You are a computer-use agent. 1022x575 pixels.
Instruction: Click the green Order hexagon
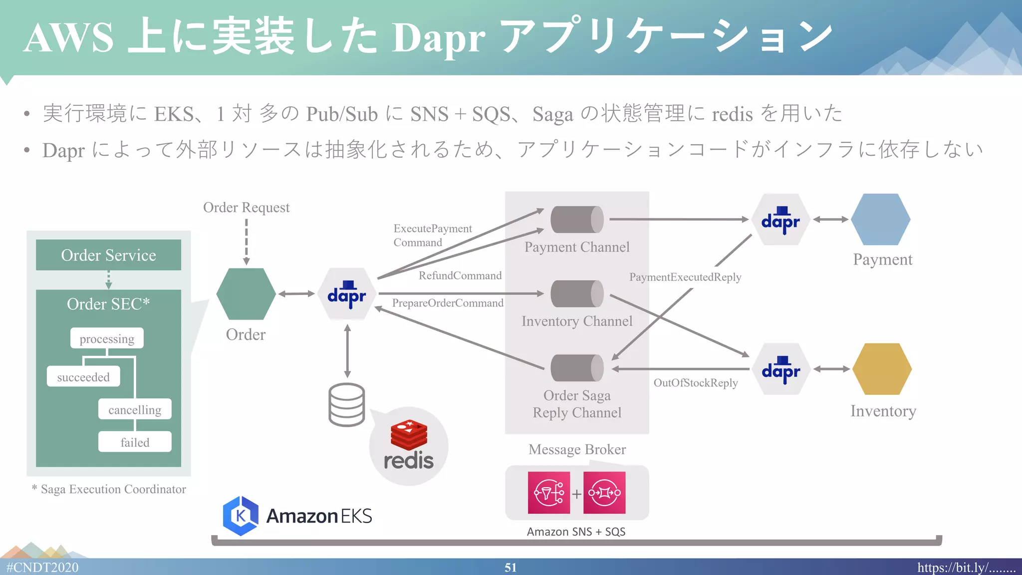click(x=246, y=294)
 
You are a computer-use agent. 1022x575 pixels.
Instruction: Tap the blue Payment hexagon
click(x=881, y=219)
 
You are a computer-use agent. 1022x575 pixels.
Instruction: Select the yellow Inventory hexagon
click(x=882, y=369)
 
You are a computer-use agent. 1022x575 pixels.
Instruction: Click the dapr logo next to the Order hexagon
click(x=347, y=294)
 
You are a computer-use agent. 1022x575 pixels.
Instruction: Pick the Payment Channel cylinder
click(x=577, y=220)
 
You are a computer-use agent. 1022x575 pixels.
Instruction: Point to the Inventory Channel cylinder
click(x=577, y=293)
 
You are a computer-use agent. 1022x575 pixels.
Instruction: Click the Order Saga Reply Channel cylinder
click(x=577, y=368)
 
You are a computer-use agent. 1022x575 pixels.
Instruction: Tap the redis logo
click(x=409, y=446)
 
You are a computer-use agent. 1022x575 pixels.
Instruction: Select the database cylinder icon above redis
click(x=347, y=405)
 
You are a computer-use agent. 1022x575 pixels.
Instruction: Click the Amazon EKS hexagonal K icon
click(x=241, y=516)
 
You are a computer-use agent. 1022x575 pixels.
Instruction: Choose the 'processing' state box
click(x=107, y=338)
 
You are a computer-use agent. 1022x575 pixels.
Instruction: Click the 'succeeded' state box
click(x=83, y=376)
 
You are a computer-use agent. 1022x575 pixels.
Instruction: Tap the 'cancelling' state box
click(x=135, y=409)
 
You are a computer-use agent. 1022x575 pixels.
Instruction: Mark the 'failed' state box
click(x=135, y=442)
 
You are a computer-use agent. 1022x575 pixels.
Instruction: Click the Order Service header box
click(x=108, y=255)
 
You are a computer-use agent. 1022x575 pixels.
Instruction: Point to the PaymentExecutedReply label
click(x=685, y=277)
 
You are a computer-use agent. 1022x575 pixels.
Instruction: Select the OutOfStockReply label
click(x=696, y=383)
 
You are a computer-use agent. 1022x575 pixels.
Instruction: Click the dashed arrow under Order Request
click(x=246, y=242)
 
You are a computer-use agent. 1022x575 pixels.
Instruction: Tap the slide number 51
click(x=511, y=568)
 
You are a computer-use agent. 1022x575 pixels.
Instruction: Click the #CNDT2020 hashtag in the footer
click(x=42, y=568)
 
